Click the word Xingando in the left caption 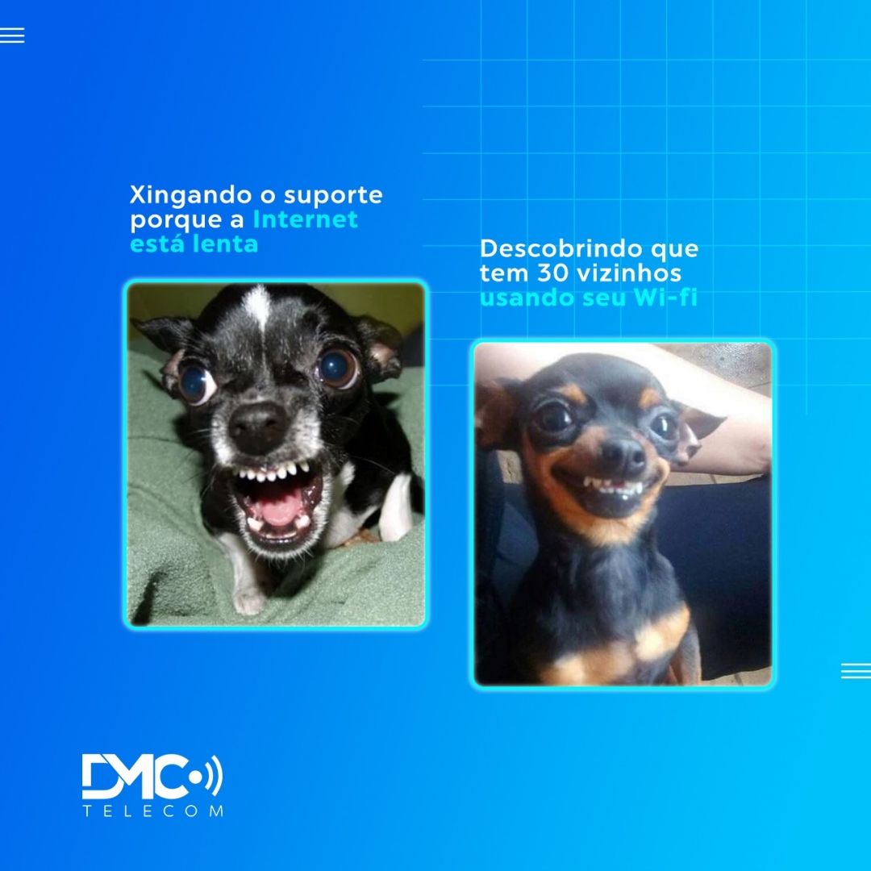click(x=190, y=196)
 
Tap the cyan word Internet click(x=305, y=219)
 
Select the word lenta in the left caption click(x=226, y=244)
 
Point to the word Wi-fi click(x=665, y=297)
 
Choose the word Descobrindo click(x=561, y=248)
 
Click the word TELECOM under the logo click(x=152, y=811)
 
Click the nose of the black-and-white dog click(x=258, y=427)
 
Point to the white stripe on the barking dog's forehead click(x=258, y=306)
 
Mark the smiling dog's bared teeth click(x=611, y=487)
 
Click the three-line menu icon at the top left click(x=12, y=35)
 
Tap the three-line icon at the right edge click(x=856, y=670)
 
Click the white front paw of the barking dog click(x=248, y=600)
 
